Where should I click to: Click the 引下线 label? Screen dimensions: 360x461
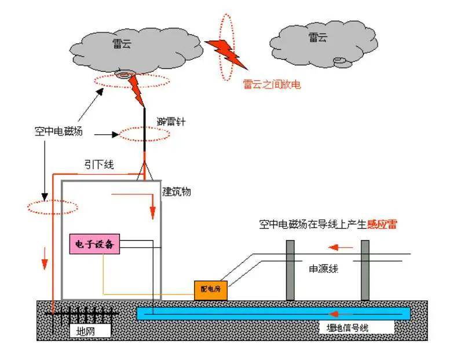pos(98,165)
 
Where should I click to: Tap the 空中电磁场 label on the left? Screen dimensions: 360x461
pos(58,131)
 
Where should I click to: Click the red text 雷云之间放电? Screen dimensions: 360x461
pos(272,84)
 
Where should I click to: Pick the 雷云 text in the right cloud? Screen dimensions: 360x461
pos(317,38)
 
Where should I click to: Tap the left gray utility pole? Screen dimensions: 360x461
pos(291,270)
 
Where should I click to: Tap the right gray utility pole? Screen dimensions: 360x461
pos(365,270)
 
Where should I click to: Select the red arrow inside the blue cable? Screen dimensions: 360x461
pos(338,314)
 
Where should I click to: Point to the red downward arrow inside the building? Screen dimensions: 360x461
pos(152,207)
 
